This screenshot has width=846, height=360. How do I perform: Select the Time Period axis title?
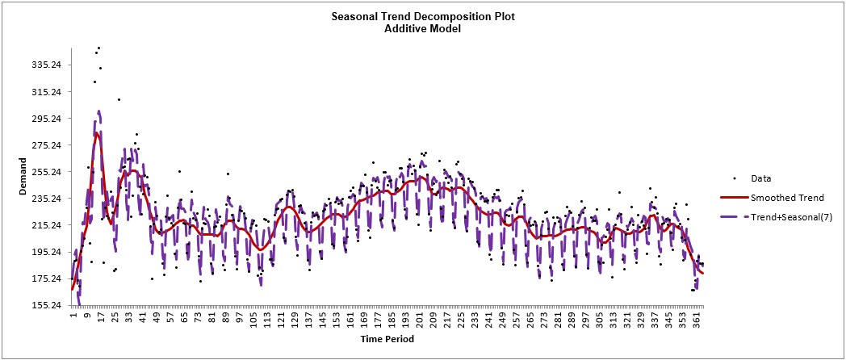(387, 339)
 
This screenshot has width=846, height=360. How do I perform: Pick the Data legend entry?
(761, 178)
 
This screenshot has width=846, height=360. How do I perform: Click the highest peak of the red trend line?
(97, 133)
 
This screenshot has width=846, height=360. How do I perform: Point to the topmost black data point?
(98, 48)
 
